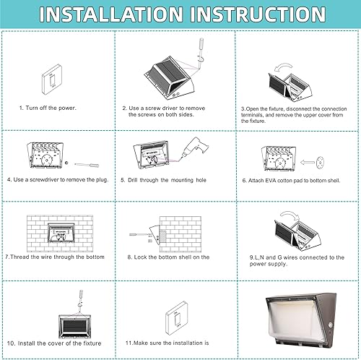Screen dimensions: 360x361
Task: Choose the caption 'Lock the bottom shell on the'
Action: [168, 257]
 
